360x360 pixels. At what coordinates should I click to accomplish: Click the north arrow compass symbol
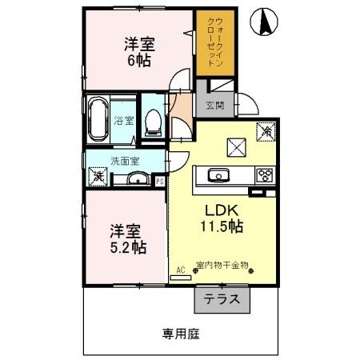click(262, 23)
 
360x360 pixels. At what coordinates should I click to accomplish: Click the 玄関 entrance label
click(214, 106)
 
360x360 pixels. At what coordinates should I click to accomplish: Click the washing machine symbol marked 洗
click(97, 175)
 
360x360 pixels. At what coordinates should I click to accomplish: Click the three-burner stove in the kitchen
click(263, 175)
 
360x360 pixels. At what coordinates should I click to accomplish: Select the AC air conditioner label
click(179, 271)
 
